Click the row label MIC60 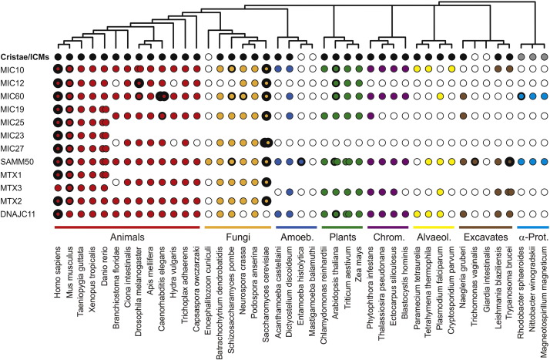(14, 96)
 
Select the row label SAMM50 (17, 162)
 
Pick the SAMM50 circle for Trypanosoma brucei (509, 162)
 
